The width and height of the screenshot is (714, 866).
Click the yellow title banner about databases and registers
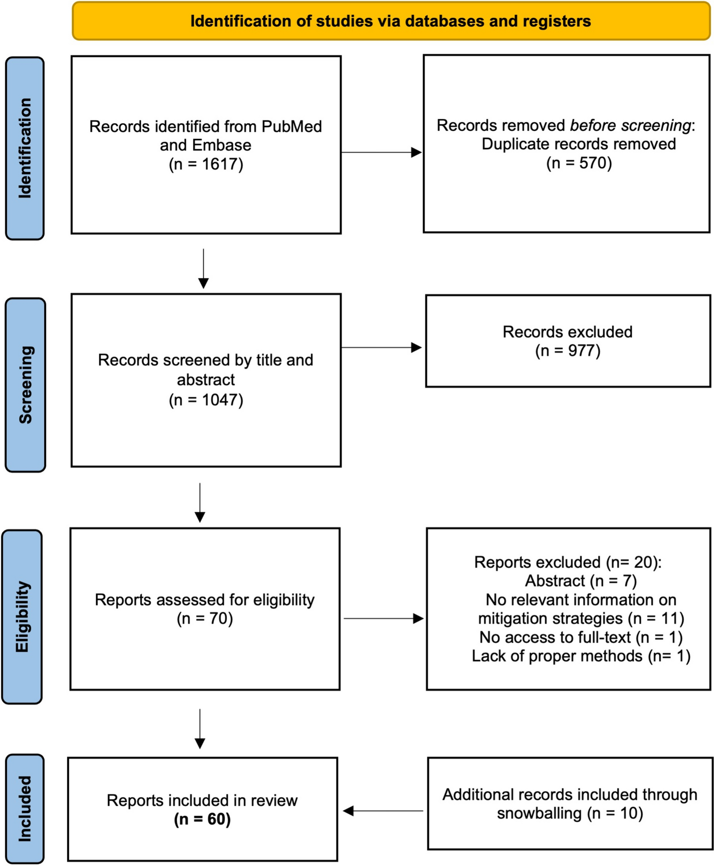click(391, 21)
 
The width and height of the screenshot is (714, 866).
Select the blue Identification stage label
click(25, 148)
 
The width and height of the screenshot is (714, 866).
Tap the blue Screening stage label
click(26, 385)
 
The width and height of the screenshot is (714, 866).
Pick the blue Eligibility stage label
click(22, 616)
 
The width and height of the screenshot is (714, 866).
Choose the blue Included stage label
click(25, 808)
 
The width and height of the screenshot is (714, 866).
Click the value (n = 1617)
click(206, 164)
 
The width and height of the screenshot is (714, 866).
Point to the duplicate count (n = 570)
click(579, 163)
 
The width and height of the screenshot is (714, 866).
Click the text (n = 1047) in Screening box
click(206, 400)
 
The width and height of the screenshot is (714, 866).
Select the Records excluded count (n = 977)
click(568, 351)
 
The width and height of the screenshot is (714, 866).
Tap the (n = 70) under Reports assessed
click(205, 618)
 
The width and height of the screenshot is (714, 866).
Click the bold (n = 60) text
click(203, 819)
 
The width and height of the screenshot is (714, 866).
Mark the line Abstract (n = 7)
click(580, 581)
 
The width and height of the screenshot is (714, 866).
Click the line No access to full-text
click(580, 637)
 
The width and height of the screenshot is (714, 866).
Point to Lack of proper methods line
click(580, 656)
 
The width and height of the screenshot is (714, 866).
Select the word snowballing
click(539, 813)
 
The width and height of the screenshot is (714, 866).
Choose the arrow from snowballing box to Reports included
click(383, 811)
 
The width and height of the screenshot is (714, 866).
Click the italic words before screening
click(630, 125)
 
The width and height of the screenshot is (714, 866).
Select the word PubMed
click(291, 126)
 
